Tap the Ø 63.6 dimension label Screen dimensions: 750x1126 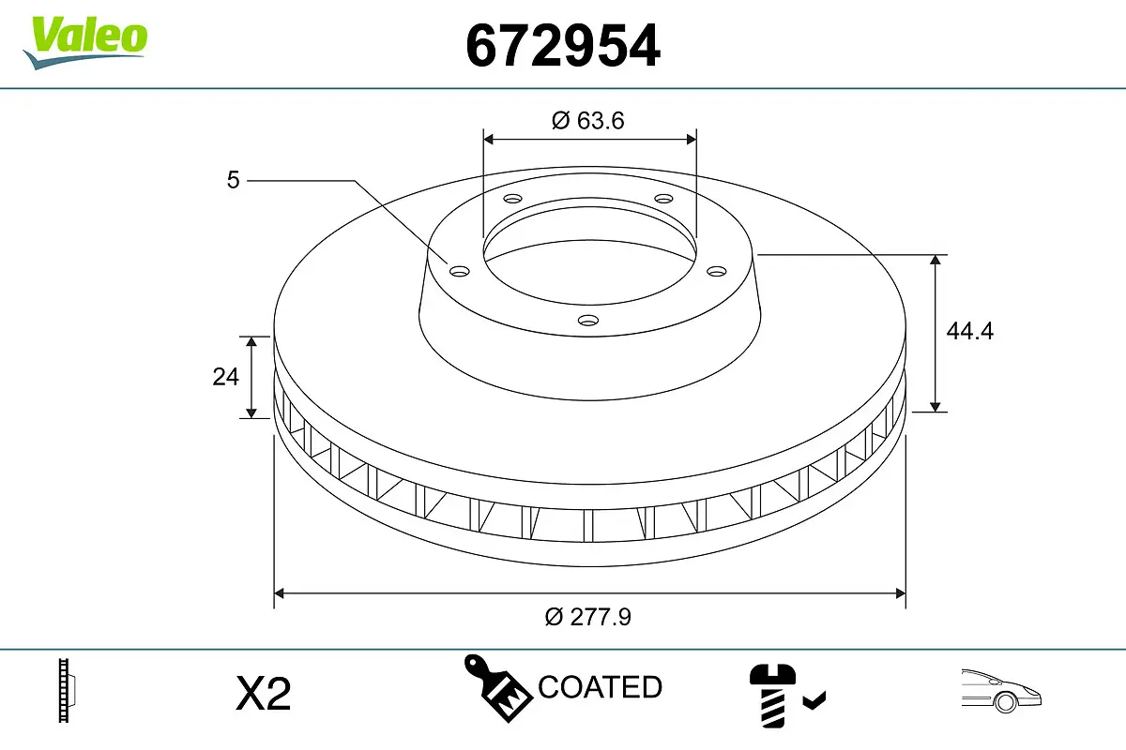click(588, 120)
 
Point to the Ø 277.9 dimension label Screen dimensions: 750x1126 click(588, 616)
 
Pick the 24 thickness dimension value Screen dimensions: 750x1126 click(225, 377)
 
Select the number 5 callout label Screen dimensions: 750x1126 click(234, 179)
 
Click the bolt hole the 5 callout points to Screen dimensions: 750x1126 click(459, 271)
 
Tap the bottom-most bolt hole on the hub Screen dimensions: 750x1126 click(587, 321)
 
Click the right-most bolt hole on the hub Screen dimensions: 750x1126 click(717, 271)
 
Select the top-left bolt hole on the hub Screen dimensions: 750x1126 click(512, 199)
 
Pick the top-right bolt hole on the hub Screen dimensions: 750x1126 click(663, 199)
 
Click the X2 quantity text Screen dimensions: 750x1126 click(264, 694)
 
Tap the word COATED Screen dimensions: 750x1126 click(600, 687)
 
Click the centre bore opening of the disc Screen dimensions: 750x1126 click(589, 253)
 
